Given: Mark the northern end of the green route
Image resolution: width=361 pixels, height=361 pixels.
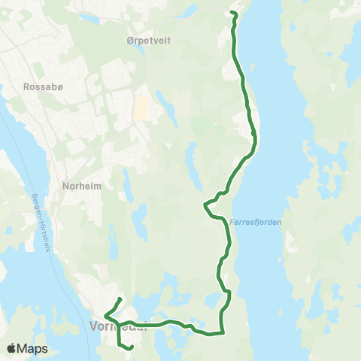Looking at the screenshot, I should tap(232, 14).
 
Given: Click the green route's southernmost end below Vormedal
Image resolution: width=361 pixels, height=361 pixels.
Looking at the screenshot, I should tap(132, 347).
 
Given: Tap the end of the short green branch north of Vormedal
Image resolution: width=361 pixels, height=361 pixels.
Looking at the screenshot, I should tap(120, 299).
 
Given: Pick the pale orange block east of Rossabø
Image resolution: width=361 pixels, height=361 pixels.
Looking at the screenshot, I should tap(141, 109).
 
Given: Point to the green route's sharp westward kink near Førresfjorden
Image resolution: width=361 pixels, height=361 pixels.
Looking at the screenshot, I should tap(205, 203).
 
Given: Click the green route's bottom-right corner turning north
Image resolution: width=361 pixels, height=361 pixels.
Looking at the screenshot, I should tap(223, 332).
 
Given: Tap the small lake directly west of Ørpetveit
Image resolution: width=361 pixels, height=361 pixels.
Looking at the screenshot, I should tap(90, 20).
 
